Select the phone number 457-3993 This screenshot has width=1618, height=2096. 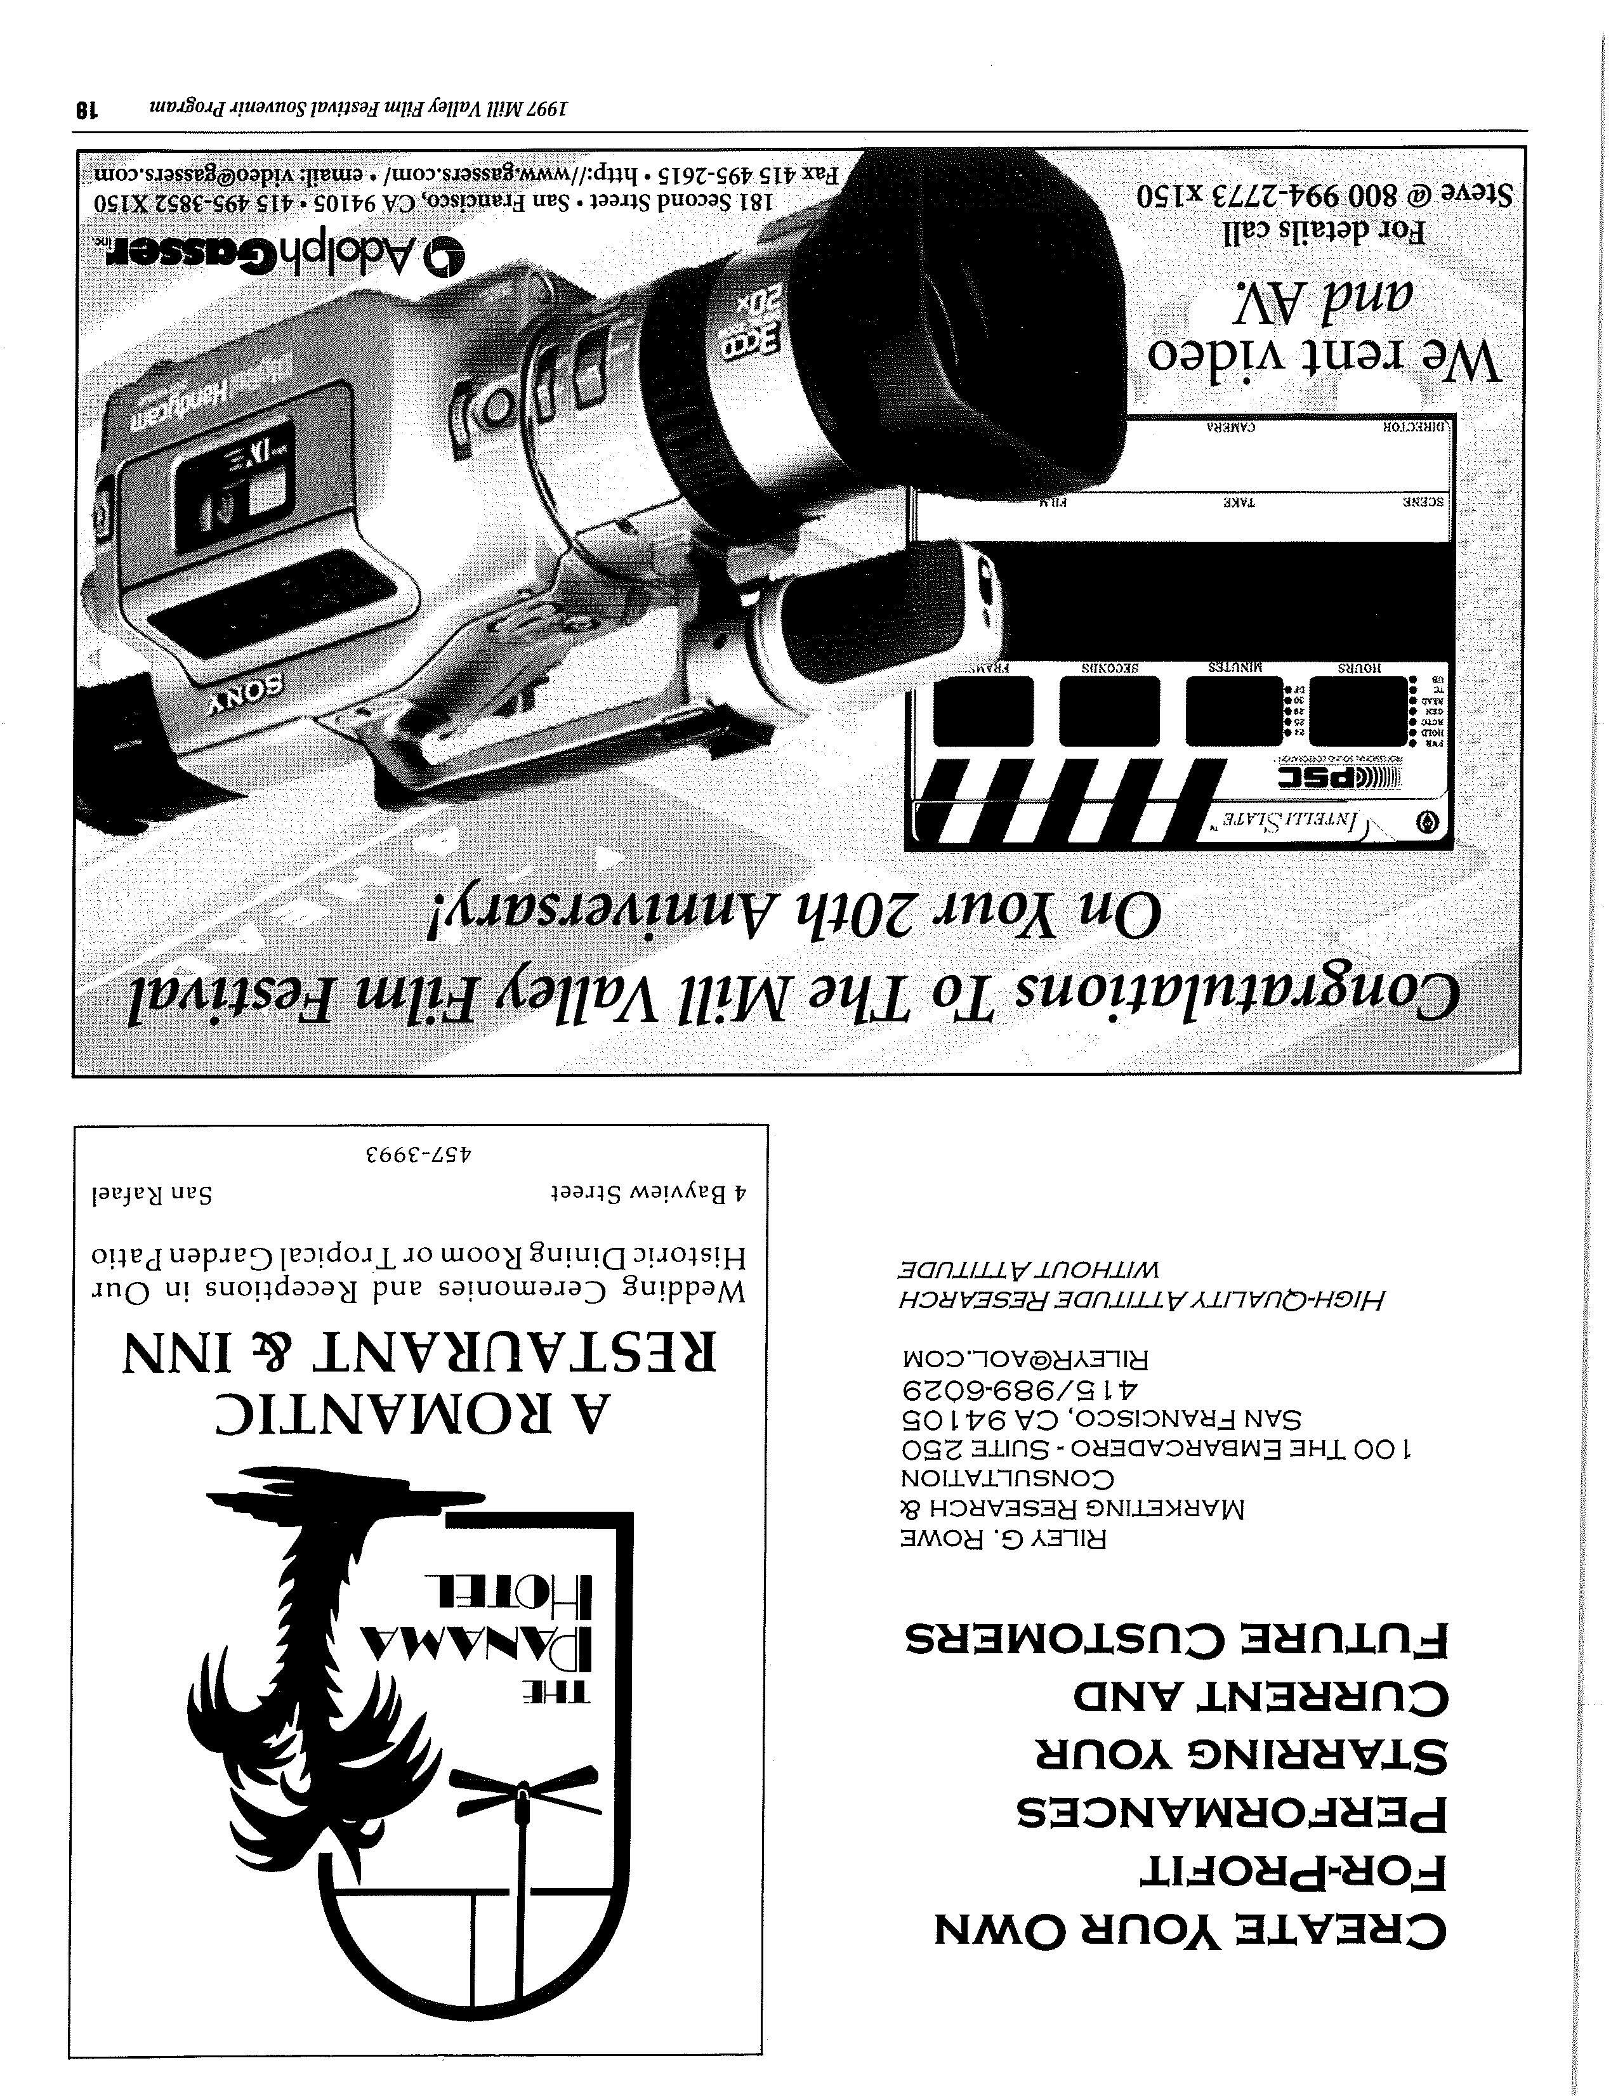tap(420, 1153)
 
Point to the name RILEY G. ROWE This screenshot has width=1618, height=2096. tap(1003, 1540)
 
